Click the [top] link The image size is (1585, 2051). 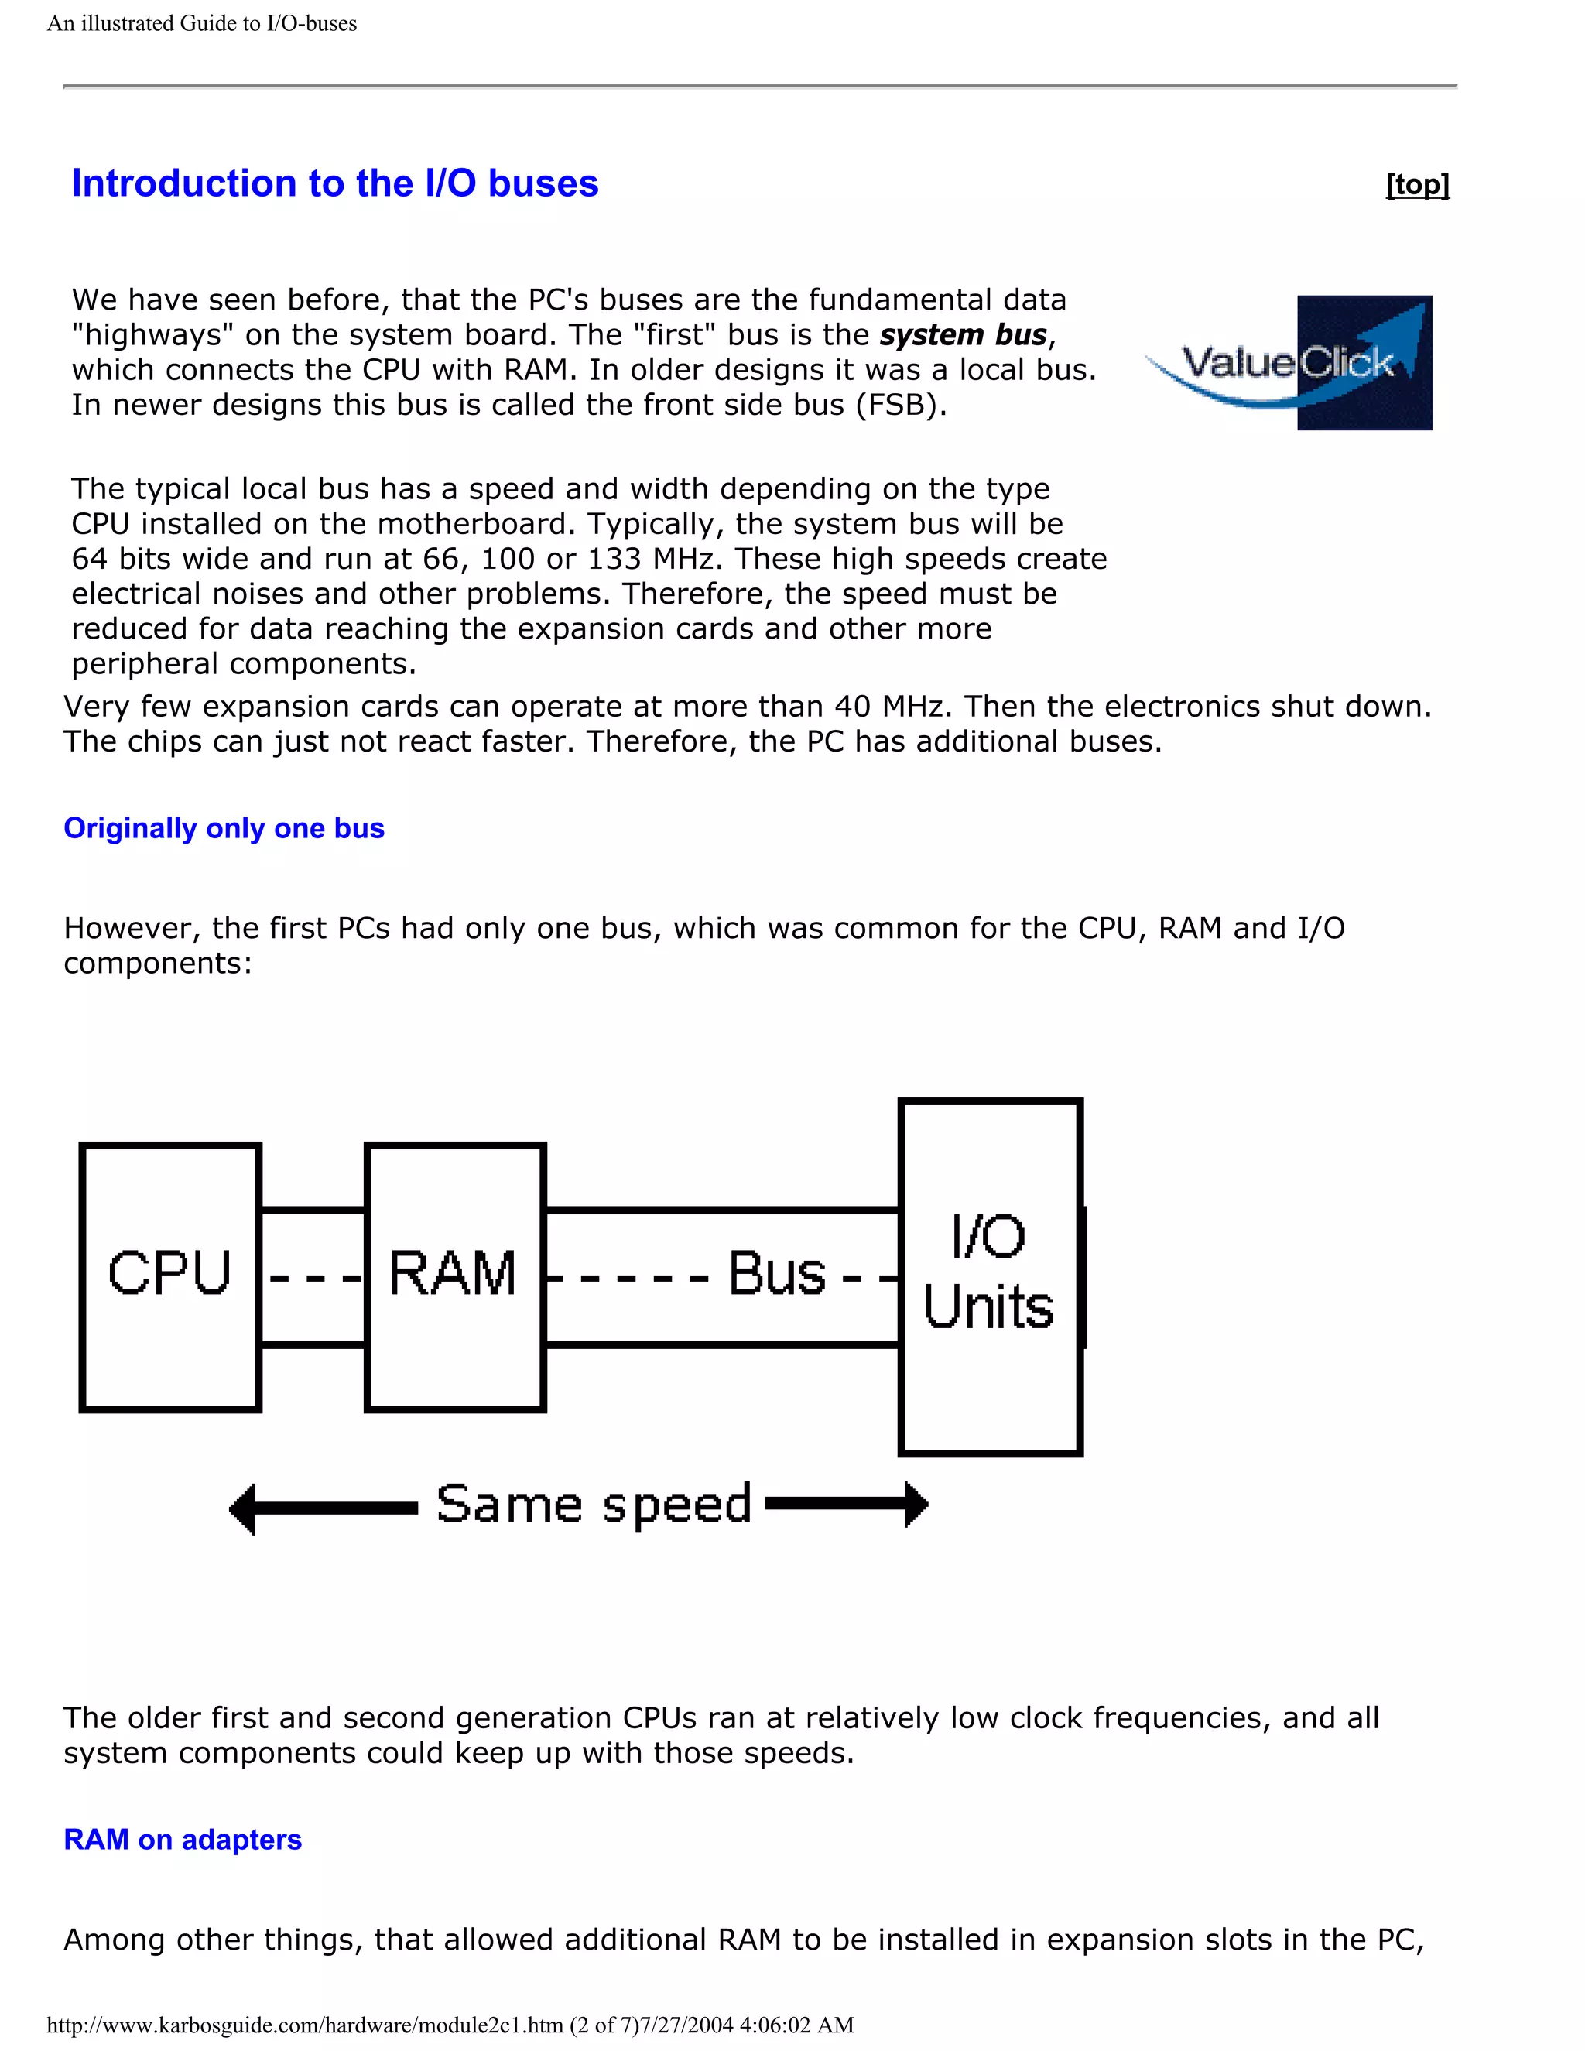(x=1417, y=185)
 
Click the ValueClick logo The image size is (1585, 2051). (x=1289, y=364)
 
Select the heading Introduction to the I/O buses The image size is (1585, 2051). (x=334, y=183)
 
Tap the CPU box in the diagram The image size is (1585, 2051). (x=170, y=1276)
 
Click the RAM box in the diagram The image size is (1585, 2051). (x=454, y=1276)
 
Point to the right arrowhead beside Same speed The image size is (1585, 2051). (x=916, y=1505)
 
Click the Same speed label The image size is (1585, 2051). (x=594, y=1505)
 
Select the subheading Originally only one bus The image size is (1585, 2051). (x=224, y=828)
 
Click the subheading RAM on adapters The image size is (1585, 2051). (x=182, y=1840)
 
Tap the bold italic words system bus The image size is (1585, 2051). (x=964, y=335)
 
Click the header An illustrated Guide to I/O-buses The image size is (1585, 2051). (x=202, y=23)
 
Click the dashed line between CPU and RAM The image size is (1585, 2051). (x=313, y=1278)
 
